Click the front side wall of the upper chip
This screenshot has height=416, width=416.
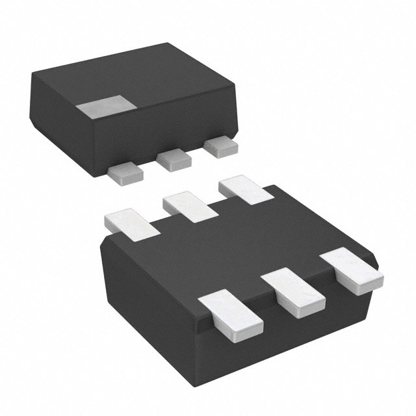point(162,130)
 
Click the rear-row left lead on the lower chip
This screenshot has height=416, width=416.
point(133,221)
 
